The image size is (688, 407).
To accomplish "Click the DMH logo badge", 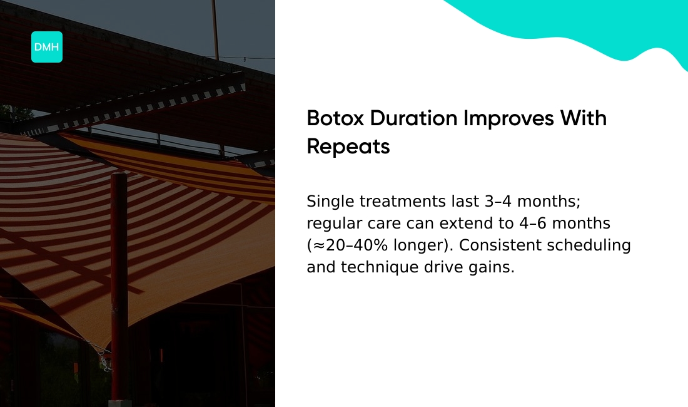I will pos(47,47).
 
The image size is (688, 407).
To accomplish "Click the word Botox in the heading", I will pos(335,118).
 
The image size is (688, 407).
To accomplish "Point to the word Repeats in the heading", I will pos(348,147).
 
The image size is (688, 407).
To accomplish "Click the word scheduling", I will pos(589,245).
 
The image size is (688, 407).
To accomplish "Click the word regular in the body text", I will pos(330,224).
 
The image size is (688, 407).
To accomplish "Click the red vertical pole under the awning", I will pos(119,282).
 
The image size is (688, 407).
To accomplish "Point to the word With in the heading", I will pos(583,118).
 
